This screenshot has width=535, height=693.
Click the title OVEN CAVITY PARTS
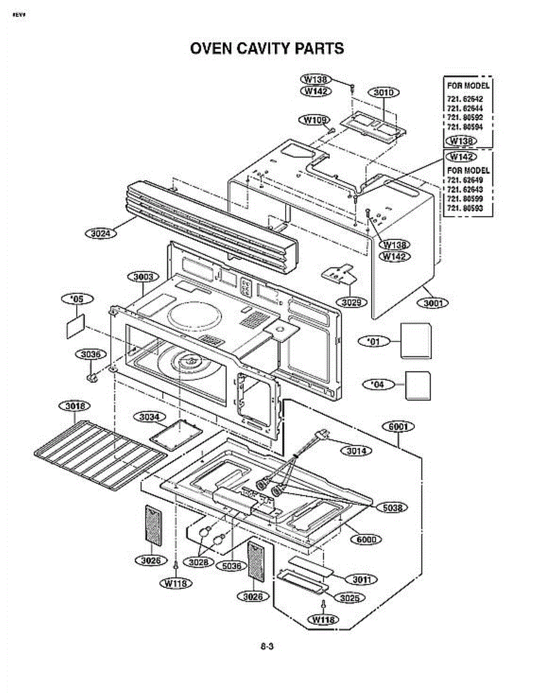point(267,49)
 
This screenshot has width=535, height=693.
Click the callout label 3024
point(100,233)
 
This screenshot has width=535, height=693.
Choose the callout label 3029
point(351,302)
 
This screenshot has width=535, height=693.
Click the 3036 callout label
point(91,354)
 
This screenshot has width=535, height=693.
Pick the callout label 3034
point(149,417)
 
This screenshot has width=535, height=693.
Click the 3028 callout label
point(199,562)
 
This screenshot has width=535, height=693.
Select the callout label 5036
point(231,566)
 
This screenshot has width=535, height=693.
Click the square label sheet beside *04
point(418,385)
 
